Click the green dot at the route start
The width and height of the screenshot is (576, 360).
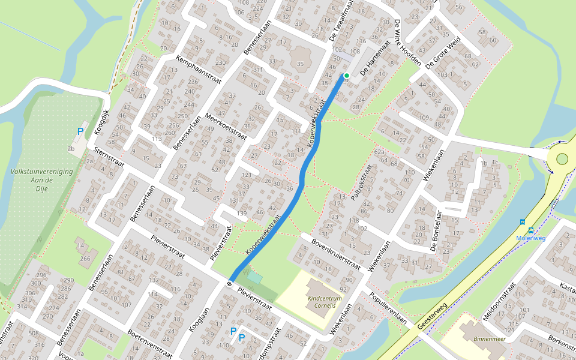346,76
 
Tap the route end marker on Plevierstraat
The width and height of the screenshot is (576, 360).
230,283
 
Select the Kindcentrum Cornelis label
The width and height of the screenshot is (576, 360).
324,301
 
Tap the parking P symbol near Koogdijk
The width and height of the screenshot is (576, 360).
80,131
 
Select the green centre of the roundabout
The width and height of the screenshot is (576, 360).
562,159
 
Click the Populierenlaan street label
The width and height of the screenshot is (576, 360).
388,309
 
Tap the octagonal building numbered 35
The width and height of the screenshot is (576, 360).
299,62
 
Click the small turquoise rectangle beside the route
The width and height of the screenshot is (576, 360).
255,278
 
